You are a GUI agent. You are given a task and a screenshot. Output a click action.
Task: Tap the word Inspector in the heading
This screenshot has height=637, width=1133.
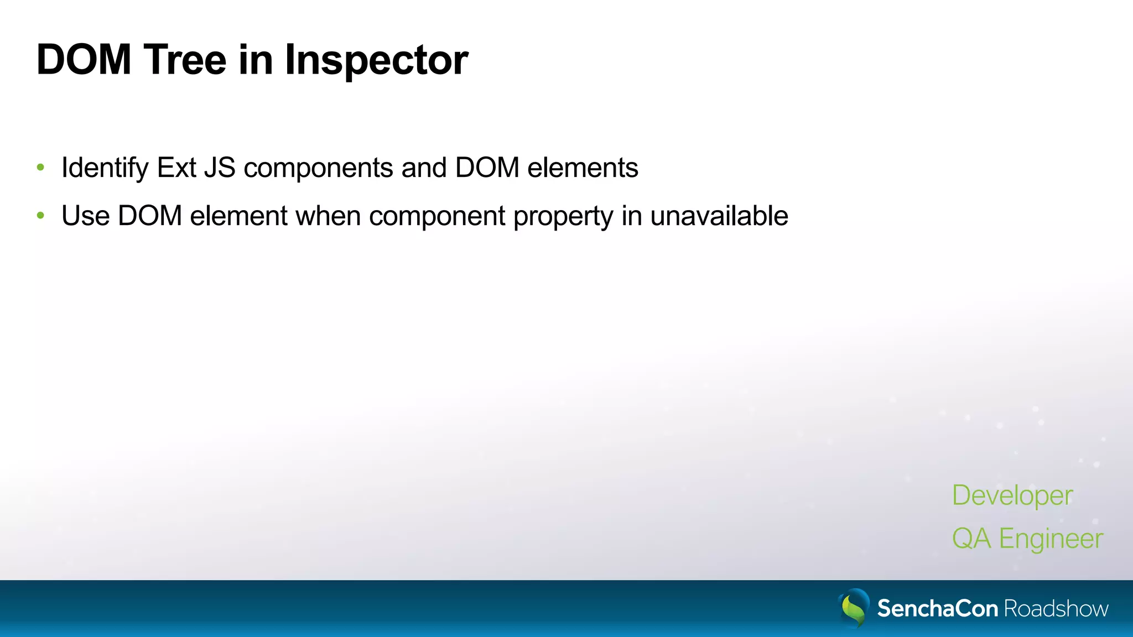coord(376,61)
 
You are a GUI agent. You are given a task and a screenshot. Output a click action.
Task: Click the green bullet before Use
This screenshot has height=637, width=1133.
coord(40,216)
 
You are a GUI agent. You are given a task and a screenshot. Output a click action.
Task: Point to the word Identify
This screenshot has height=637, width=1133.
coord(105,168)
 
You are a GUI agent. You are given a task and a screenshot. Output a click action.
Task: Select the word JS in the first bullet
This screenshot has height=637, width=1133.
coord(220,168)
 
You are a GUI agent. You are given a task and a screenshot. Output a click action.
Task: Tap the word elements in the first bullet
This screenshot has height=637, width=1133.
coord(583,168)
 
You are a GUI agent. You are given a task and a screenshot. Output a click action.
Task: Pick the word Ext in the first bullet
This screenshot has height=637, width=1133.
coord(176,168)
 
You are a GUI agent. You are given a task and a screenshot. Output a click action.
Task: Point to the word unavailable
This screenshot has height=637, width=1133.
coord(719,216)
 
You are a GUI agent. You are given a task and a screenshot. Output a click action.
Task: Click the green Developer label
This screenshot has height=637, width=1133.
coord(1012,495)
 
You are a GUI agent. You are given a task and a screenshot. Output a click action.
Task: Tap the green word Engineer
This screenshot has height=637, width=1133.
coord(1051,539)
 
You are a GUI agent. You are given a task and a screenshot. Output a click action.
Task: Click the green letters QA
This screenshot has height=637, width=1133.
coord(971,539)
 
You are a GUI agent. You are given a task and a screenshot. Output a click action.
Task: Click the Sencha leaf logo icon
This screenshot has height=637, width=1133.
coord(854,607)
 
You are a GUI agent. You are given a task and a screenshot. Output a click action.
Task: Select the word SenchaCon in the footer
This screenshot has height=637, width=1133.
coord(938,608)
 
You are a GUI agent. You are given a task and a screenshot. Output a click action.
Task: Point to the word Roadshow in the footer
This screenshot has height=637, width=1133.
coord(1056,608)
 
